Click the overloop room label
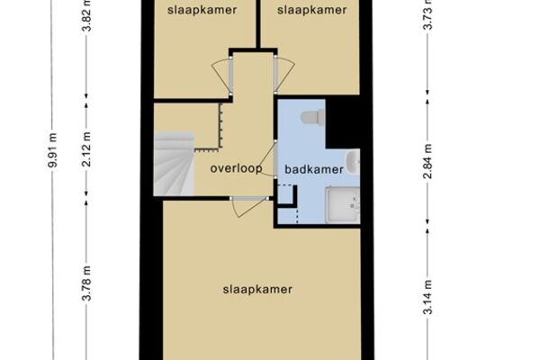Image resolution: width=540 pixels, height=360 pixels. (x=236, y=168)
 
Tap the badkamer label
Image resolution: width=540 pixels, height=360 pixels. (x=314, y=169)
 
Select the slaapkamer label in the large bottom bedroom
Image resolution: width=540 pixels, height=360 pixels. (x=257, y=290)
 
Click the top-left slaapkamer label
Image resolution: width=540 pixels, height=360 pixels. (x=202, y=10)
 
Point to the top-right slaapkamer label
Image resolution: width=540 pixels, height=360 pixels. (x=312, y=10)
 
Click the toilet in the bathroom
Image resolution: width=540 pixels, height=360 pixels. (x=312, y=117)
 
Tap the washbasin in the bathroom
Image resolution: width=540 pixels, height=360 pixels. (x=353, y=162)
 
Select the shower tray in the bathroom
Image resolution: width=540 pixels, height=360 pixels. (x=344, y=205)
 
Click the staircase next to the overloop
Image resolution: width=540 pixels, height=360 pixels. (x=174, y=164)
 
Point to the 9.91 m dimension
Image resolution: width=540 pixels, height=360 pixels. (x=52, y=150)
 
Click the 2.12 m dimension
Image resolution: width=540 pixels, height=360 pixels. (x=86, y=149)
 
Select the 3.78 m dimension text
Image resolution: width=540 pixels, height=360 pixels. (x=86, y=283)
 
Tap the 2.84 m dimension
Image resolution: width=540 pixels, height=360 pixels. (x=427, y=161)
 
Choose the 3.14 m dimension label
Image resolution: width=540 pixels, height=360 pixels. (x=427, y=297)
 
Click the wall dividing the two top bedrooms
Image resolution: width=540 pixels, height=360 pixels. (x=258, y=24)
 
